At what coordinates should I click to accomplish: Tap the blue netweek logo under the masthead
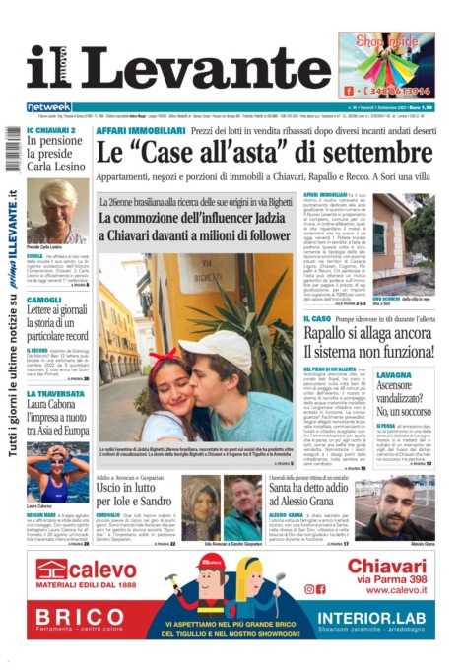coord(48,106)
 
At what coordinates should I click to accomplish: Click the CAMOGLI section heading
coord(43,300)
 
